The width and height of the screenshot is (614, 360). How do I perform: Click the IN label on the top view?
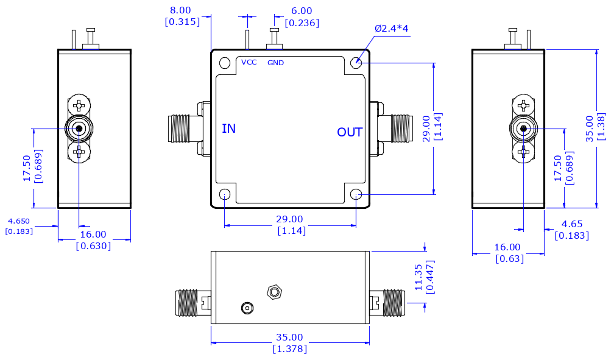[228, 129]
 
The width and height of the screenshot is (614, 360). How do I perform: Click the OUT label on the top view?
[350, 132]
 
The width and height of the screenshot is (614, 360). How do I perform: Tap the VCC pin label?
[249, 62]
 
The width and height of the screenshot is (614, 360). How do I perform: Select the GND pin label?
[275, 63]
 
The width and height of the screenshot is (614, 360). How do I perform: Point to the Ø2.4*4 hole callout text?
[392, 29]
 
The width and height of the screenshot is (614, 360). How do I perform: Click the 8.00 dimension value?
[180, 10]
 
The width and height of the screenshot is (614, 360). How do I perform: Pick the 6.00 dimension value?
[302, 11]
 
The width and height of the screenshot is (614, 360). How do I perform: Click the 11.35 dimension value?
[418, 277]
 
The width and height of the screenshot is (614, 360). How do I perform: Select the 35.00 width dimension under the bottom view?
[289, 337]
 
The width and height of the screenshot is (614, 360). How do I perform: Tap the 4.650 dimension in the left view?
[19, 221]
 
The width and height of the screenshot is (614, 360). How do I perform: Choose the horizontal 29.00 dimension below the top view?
[289, 219]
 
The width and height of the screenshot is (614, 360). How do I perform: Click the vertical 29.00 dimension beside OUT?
[426, 128]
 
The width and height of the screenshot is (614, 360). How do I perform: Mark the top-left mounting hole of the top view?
[225, 63]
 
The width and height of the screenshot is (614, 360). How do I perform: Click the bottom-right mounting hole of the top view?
[356, 195]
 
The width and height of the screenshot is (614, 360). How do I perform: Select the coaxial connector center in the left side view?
[79, 129]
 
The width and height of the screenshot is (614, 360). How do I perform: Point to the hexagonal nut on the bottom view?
[274, 292]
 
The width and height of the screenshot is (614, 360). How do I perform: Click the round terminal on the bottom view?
[247, 308]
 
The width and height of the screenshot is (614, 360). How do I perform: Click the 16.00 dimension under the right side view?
[507, 247]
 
